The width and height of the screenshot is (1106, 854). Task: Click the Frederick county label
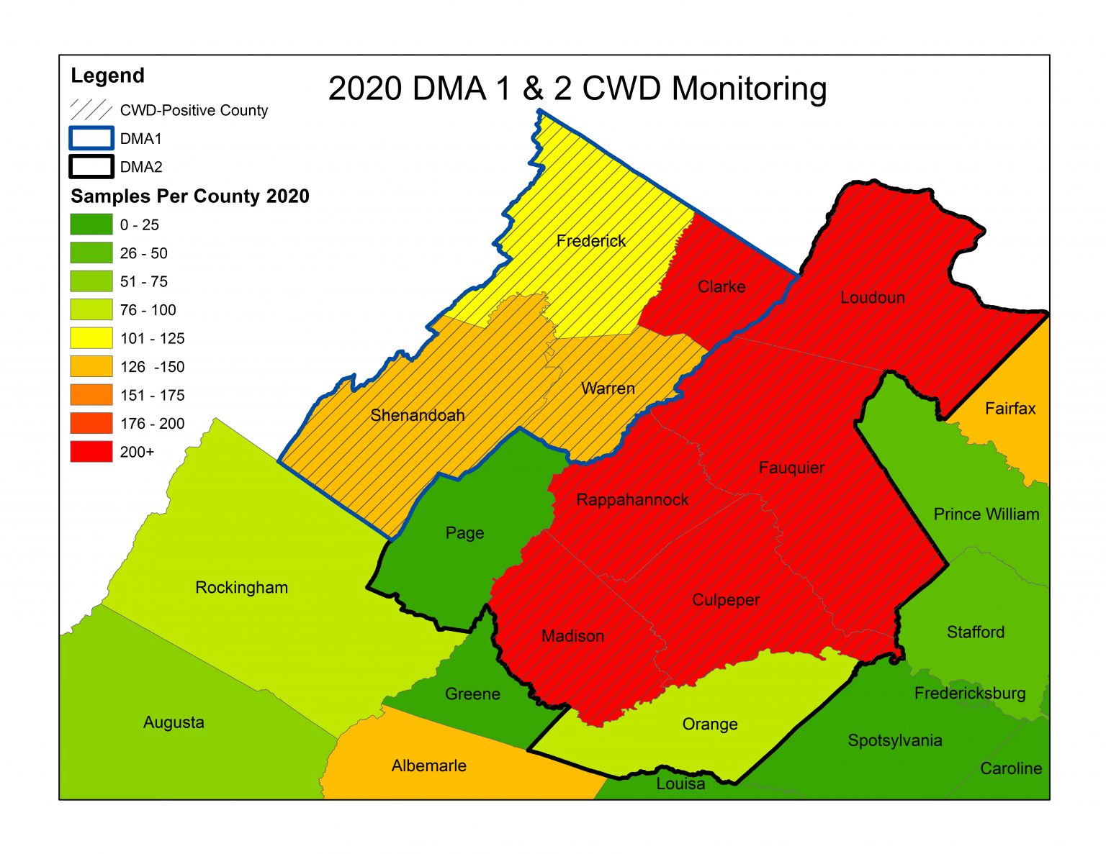tap(590, 241)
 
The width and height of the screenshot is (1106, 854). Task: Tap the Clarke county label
tap(721, 286)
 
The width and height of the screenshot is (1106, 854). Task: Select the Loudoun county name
tap(872, 297)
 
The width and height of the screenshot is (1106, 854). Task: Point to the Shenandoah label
tap(417, 415)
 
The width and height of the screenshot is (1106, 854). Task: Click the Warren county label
tap(608, 389)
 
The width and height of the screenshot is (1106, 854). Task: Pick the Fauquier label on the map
tap(791, 468)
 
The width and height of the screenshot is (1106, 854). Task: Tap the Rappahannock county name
tap(632, 499)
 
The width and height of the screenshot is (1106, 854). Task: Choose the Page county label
tap(464, 533)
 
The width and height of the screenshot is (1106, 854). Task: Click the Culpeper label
tap(725, 600)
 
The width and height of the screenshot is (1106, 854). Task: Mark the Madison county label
tap(572, 636)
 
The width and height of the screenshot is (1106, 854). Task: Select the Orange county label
tap(709, 724)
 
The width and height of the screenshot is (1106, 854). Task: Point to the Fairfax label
tap(1010, 409)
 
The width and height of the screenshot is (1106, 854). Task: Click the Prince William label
tap(986, 514)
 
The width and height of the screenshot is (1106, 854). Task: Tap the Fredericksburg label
tap(969, 693)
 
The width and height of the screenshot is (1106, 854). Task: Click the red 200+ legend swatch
tap(91, 452)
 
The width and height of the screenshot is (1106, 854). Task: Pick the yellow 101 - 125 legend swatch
tap(91, 338)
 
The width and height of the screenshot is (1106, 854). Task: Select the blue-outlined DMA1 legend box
tap(91, 138)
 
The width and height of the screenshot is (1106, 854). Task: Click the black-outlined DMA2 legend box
tap(91, 167)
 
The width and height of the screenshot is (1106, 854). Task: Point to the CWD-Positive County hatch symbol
tap(91, 110)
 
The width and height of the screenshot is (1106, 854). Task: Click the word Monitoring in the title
tap(749, 88)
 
